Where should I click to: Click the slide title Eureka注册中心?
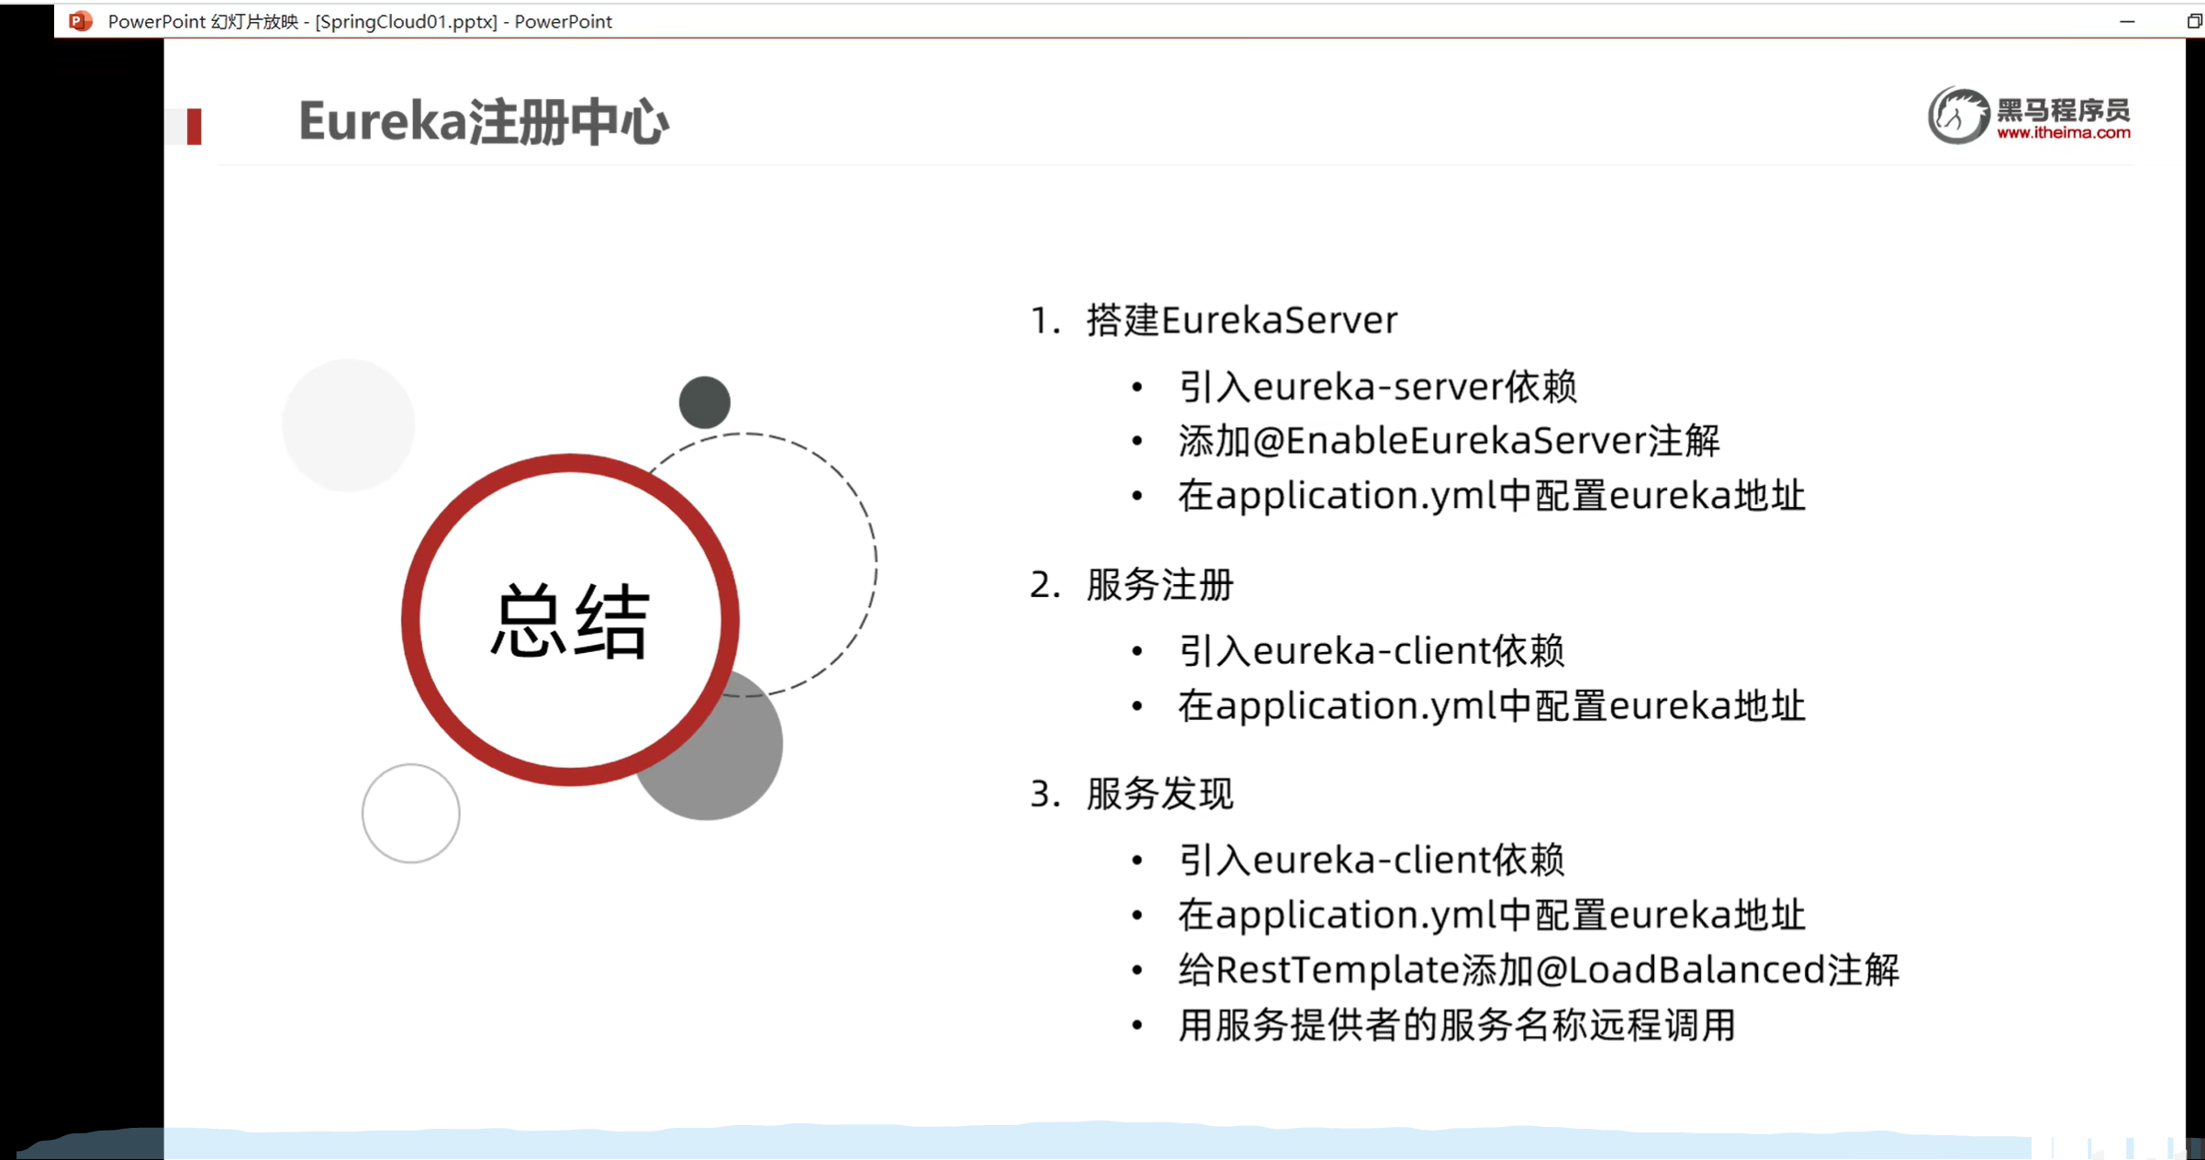pos(483,122)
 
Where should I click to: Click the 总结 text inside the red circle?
pos(570,622)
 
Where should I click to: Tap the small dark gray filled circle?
pos(704,402)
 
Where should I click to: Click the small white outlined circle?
pos(410,813)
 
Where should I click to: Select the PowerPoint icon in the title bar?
pos(81,20)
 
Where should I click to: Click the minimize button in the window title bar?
pos(2127,21)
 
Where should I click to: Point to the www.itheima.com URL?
pos(2063,133)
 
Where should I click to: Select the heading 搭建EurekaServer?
pos(1241,321)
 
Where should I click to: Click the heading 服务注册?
pos(1159,585)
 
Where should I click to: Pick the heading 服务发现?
pos(1159,794)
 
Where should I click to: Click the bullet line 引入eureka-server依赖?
pos(1377,387)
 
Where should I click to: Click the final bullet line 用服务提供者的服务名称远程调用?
pos(1456,1025)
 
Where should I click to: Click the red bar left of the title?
pos(194,127)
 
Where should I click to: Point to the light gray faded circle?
pos(348,424)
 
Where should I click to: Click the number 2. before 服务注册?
pos(1045,585)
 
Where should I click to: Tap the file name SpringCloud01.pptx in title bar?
pos(406,21)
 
